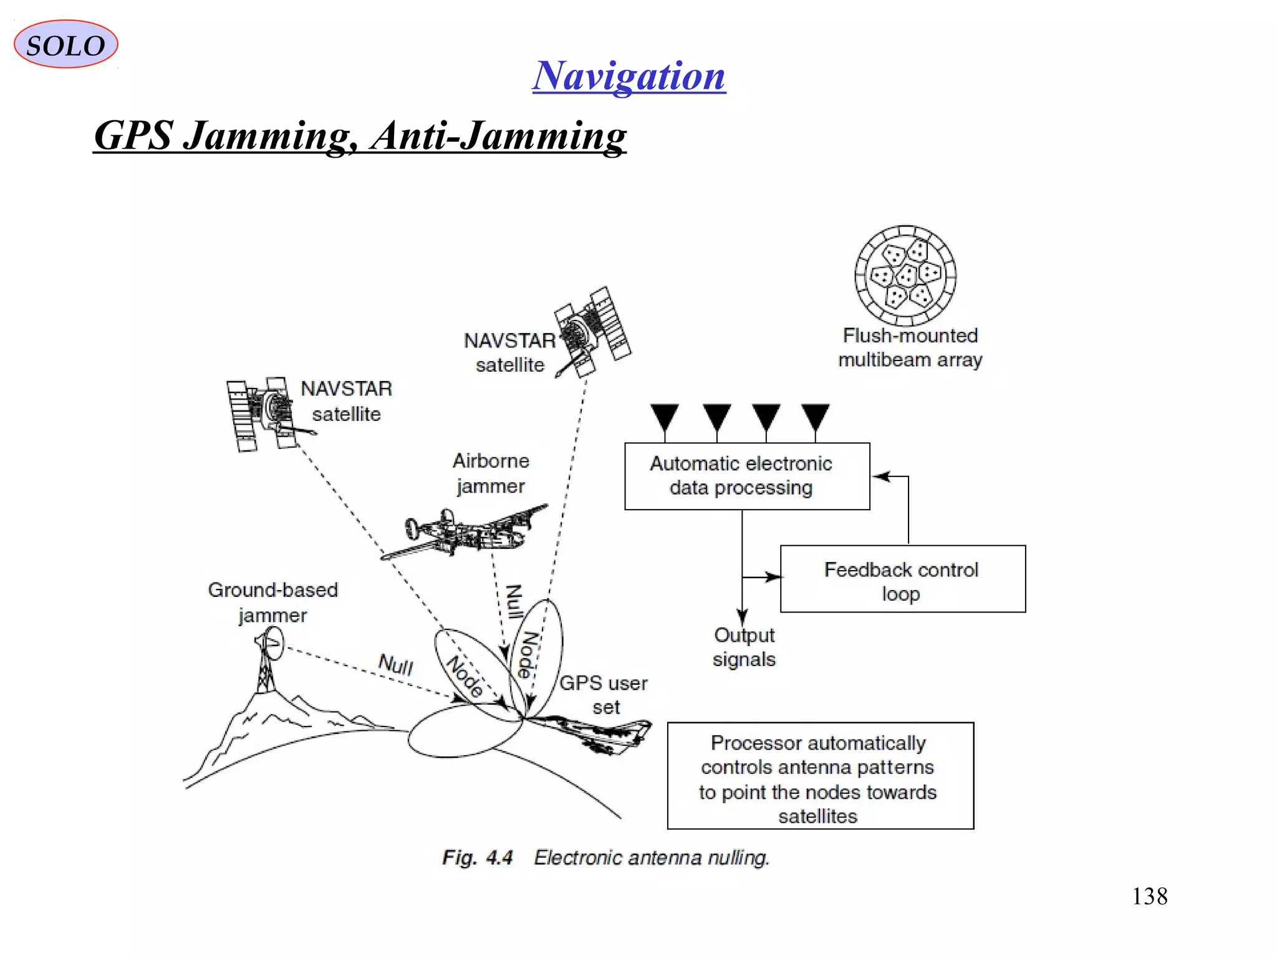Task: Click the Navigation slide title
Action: [629, 75]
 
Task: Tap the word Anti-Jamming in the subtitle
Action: [499, 135]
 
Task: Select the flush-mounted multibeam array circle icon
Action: [905, 275]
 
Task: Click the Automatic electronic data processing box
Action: [746, 476]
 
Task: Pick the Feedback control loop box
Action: [902, 579]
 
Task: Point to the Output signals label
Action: [744, 647]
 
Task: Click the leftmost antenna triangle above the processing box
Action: [665, 415]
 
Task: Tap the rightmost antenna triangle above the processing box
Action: [816, 415]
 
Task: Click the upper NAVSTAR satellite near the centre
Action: [592, 332]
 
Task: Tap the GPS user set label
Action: [604, 694]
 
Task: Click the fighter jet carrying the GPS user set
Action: [592, 734]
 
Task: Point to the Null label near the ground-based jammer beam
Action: [395, 664]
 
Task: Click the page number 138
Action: [1149, 896]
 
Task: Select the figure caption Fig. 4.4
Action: [477, 858]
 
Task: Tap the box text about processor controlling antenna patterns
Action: [819, 778]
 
